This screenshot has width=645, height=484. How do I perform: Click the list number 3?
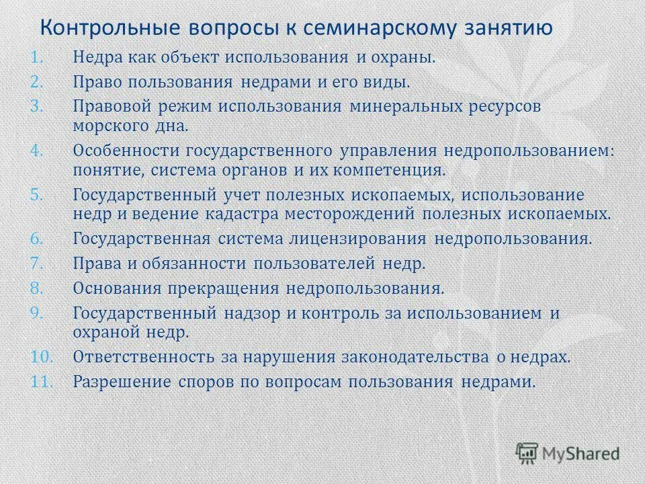pyautogui.click(x=38, y=107)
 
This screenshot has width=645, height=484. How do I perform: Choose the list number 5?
pyautogui.click(x=38, y=194)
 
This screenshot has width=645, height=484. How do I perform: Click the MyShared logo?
pyautogui.click(x=568, y=453)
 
